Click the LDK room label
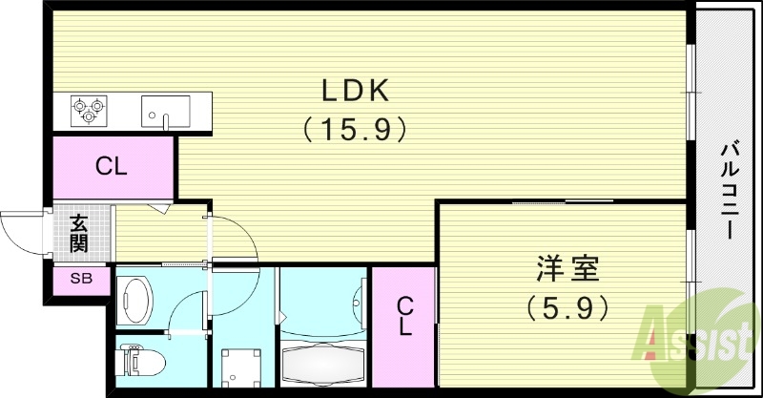tap(354, 91)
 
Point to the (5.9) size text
tap(566, 307)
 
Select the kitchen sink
tap(166, 111)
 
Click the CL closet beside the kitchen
tap(112, 166)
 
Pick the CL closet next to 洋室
tap(404, 316)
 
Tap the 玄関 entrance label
tap(78, 233)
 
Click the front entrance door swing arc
tap(21, 233)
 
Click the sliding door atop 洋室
tap(562, 201)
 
